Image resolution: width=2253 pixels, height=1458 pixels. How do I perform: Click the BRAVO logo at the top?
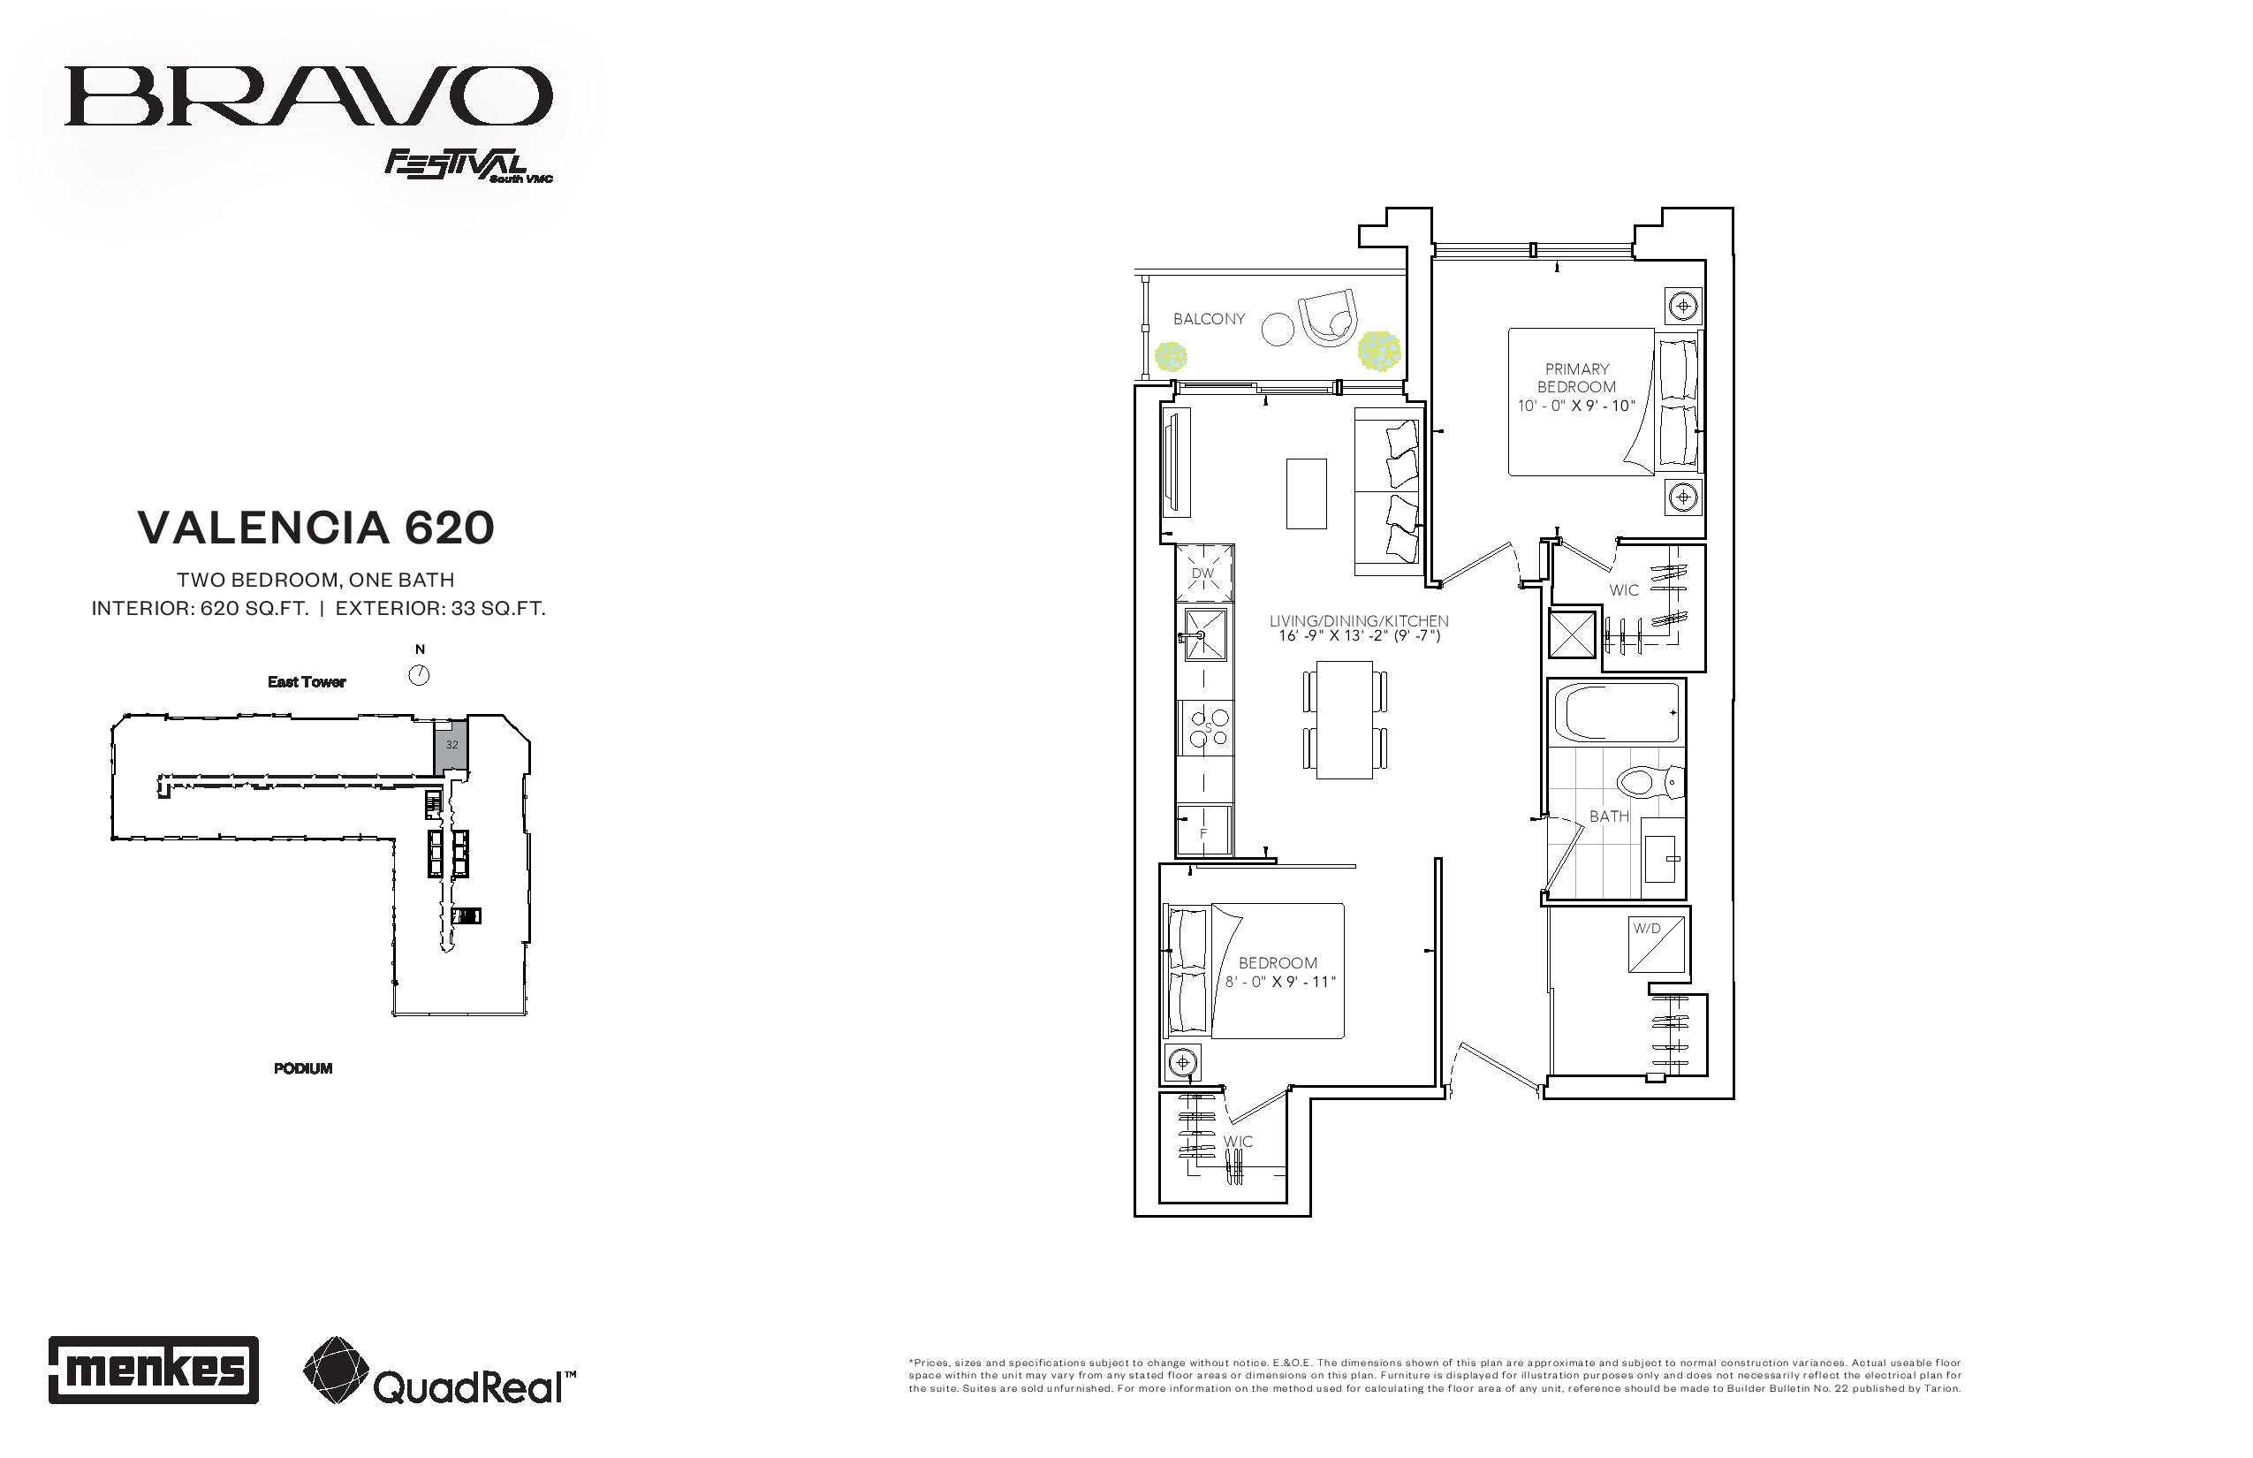[308, 95]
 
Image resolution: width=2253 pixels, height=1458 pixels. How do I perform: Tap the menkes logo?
[154, 1369]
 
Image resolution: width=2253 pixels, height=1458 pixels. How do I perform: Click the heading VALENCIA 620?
[316, 528]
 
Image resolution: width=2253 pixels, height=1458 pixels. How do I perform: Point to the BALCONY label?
[1209, 319]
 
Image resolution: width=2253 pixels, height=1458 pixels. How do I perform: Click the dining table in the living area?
[1344, 719]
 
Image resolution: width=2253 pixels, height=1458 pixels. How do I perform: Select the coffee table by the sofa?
[1306, 493]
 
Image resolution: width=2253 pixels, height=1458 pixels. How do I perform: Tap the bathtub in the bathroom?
[1621, 712]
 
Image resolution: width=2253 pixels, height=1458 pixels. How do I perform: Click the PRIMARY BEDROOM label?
[1577, 378]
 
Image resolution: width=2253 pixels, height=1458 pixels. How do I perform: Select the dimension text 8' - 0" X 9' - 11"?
[1280, 982]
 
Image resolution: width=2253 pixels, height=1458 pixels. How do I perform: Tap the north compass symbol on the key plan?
[419, 675]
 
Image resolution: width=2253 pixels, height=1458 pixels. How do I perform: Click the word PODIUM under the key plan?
[303, 1068]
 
